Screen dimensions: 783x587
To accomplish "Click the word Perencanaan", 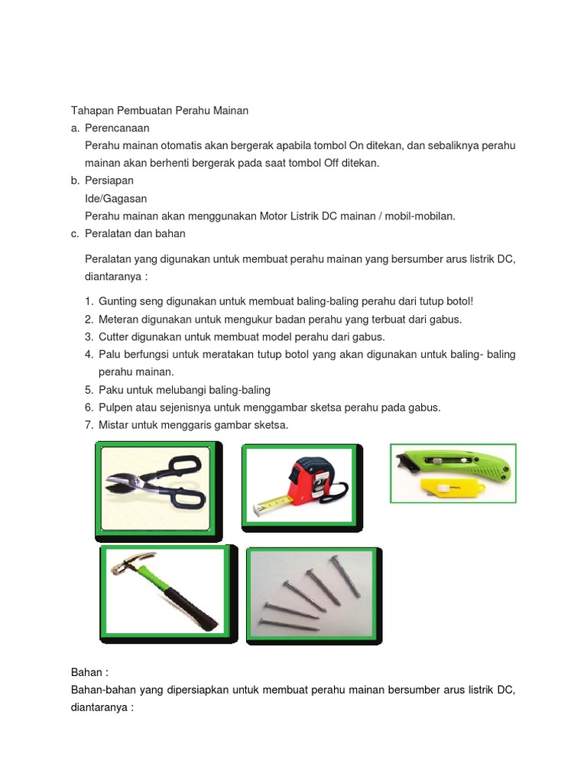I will [117, 128].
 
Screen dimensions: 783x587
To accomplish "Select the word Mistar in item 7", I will [114, 425].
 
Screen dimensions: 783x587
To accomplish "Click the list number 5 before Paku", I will [89, 390].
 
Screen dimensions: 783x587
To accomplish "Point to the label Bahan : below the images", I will [89, 672].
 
